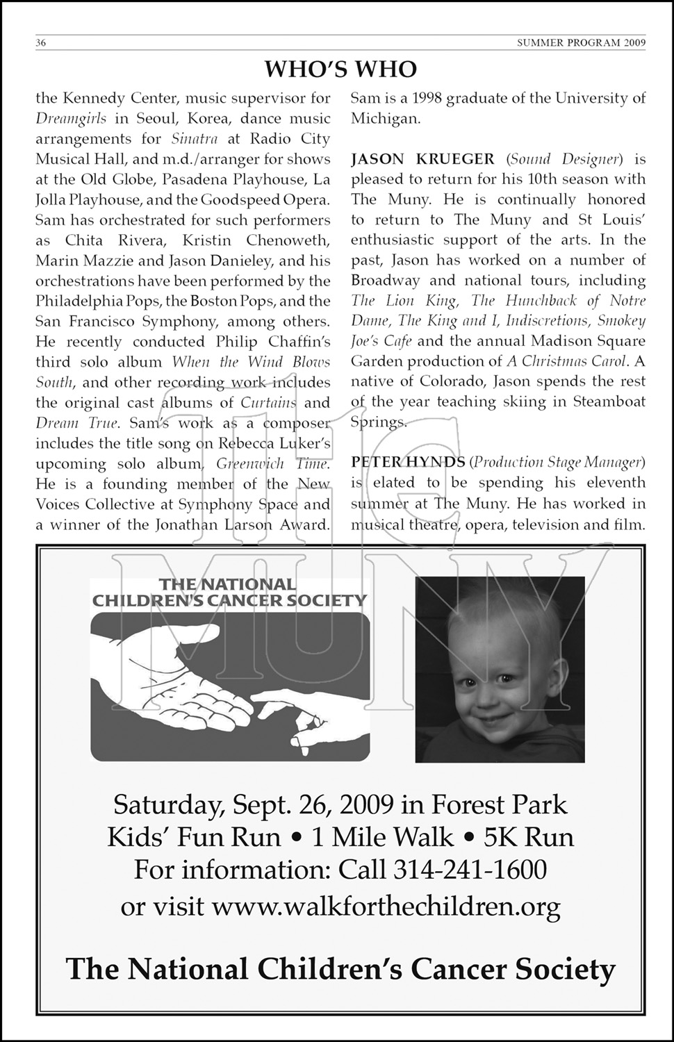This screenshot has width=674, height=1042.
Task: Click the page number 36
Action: click(41, 43)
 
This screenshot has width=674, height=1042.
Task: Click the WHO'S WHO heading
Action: click(340, 69)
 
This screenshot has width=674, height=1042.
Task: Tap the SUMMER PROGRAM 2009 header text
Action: click(581, 43)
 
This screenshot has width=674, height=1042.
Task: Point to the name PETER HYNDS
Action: click(407, 462)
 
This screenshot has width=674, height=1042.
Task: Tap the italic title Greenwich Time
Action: click(272, 464)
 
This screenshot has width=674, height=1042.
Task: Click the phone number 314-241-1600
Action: click(470, 869)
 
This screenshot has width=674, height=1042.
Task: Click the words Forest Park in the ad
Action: click(499, 804)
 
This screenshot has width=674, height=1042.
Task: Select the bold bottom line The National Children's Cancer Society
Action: click(340, 968)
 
